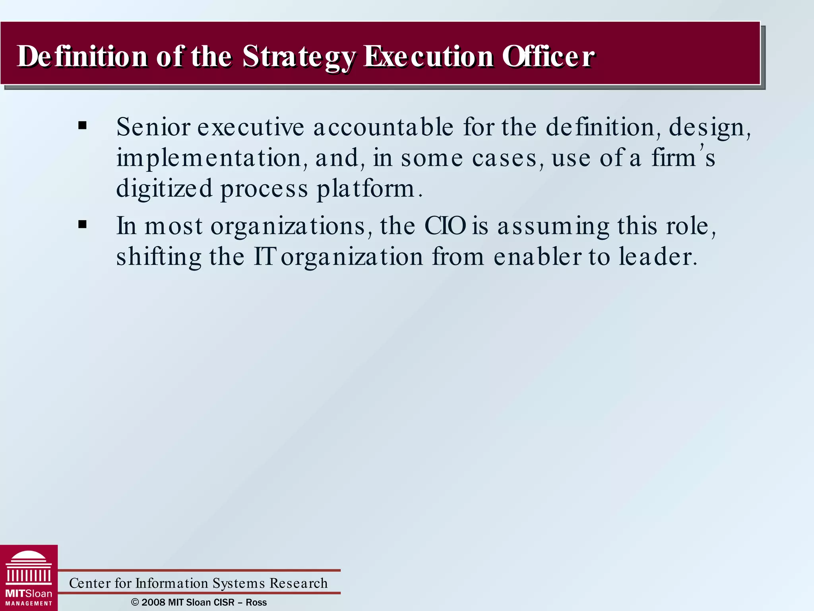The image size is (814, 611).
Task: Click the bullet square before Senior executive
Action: [x=83, y=126]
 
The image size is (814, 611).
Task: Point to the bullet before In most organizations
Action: [x=83, y=225]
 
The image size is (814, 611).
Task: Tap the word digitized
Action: [x=164, y=188]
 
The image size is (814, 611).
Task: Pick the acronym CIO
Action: [x=445, y=226]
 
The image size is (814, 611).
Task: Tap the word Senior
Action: [x=153, y=127]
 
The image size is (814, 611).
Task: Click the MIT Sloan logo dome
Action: [x=29, y=557]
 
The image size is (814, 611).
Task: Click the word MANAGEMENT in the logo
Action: [x=29, y=603]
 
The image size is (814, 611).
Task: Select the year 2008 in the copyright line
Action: [x=153, y=602]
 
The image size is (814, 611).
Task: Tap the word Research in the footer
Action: [x=298, y=583]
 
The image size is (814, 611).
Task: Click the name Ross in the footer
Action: [x=256, y=602]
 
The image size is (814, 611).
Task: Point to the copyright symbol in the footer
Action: [x=135, y=602]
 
